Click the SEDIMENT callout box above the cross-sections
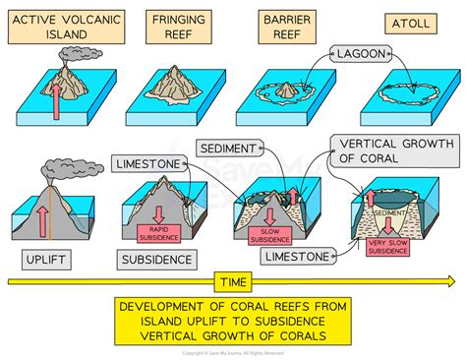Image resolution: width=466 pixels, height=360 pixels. [230, 150]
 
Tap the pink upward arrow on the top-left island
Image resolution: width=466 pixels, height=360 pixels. [57, 97]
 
